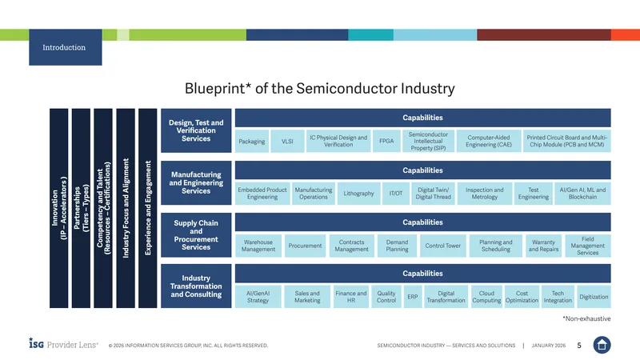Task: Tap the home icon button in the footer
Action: [x=602, y=345]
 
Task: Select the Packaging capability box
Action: [x=252, y=142]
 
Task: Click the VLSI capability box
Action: [x=287, y=142]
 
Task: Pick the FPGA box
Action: [x=386, y=142]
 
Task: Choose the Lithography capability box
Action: [x=358, y=194]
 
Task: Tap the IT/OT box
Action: [x=396, y=194]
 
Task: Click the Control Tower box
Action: [x=443, y=246]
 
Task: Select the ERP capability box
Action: [x=413, y=297]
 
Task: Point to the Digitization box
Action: [x=594, y=297]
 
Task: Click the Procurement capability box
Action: [x=305, y=246]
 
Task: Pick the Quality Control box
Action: [x=386, y=297]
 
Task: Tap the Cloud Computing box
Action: [x=486, y=297]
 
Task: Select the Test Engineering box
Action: [x=534, y=194]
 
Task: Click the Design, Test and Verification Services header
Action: [x=196, y=130]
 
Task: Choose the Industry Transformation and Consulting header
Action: [x=196, y=286]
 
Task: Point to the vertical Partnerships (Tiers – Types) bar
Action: [x=82, y=208]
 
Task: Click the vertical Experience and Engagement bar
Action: [x=148, y=208]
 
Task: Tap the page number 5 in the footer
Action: [x=579, y=346]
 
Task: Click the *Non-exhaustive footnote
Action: [x=586, y=318]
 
